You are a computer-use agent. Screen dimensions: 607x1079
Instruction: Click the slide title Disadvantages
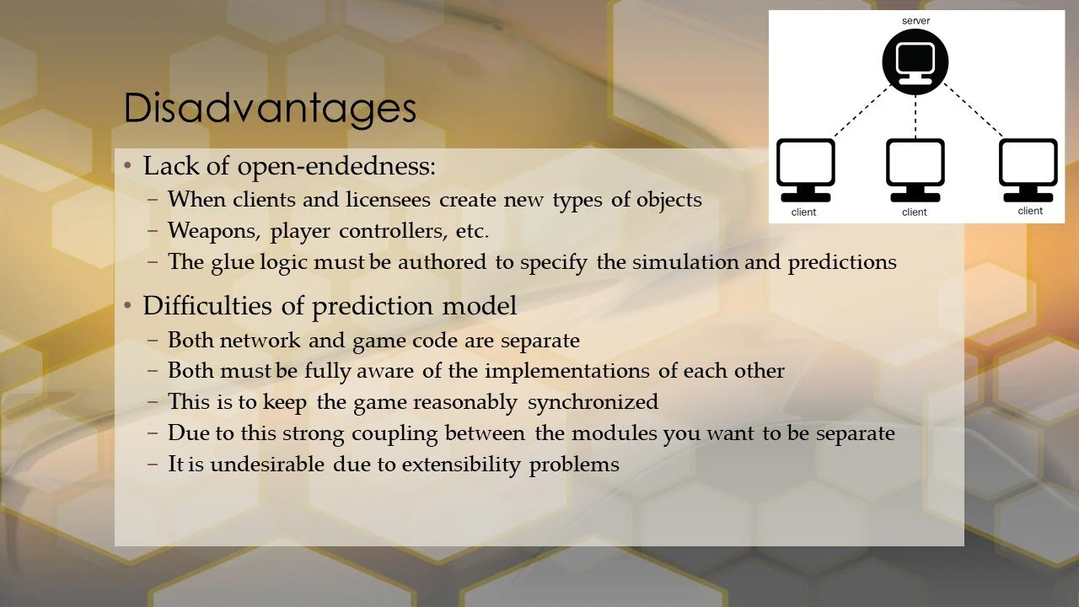pyautogui.click(x=270, y=109)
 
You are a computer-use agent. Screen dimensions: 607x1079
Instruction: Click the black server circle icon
pyautogui.click(x=915, y=62)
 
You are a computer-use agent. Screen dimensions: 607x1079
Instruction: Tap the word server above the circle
pyautogui.click(x=915, y=20)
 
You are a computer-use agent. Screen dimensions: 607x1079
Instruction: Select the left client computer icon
pyautogui.click(x=805, y=169)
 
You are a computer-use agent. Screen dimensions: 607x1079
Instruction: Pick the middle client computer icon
pyautogui.click(x=915, y=169)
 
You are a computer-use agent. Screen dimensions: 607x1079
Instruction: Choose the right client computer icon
pyautogui.click(x=1028, y=169)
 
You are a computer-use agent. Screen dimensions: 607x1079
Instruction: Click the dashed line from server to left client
pyautogui.click(x=862, y=111)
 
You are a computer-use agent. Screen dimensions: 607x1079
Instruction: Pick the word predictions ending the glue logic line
pyautogui.click(x=841, y=262)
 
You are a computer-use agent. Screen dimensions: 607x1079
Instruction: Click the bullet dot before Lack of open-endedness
pyautogui.click(x=127, y=167)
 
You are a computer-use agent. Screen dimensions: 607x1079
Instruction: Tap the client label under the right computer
pyautogui.click(x=1030, y=211)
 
